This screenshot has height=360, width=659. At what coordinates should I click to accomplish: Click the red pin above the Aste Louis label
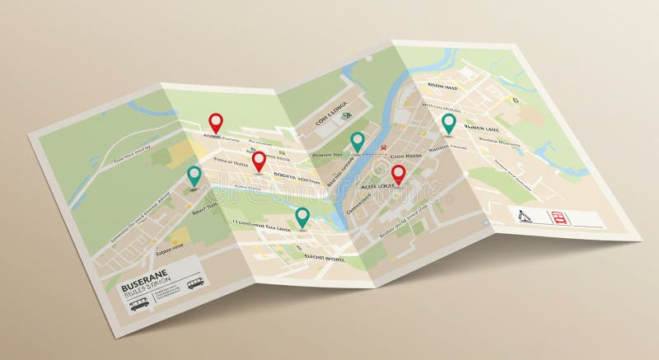pos(399,173)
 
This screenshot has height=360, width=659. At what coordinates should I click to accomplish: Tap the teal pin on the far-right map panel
pos(448,123)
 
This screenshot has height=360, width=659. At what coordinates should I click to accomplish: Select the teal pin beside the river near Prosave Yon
pos(358,141)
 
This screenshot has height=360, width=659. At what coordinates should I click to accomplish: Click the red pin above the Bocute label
pos(259,160)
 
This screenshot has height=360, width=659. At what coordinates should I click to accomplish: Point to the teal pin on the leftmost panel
pos(194,175)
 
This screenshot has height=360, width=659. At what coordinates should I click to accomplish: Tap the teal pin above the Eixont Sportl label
pos(302,216)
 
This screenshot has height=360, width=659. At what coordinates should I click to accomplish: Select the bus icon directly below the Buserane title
pos(138,303)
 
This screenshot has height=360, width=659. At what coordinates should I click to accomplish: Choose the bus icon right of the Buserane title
pos(195,284)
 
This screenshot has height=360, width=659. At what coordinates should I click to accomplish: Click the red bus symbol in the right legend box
pos(559,217)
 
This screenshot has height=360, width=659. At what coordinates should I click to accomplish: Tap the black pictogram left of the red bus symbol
pos(525,217)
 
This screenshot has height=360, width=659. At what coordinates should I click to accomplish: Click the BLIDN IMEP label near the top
pos(443,85)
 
